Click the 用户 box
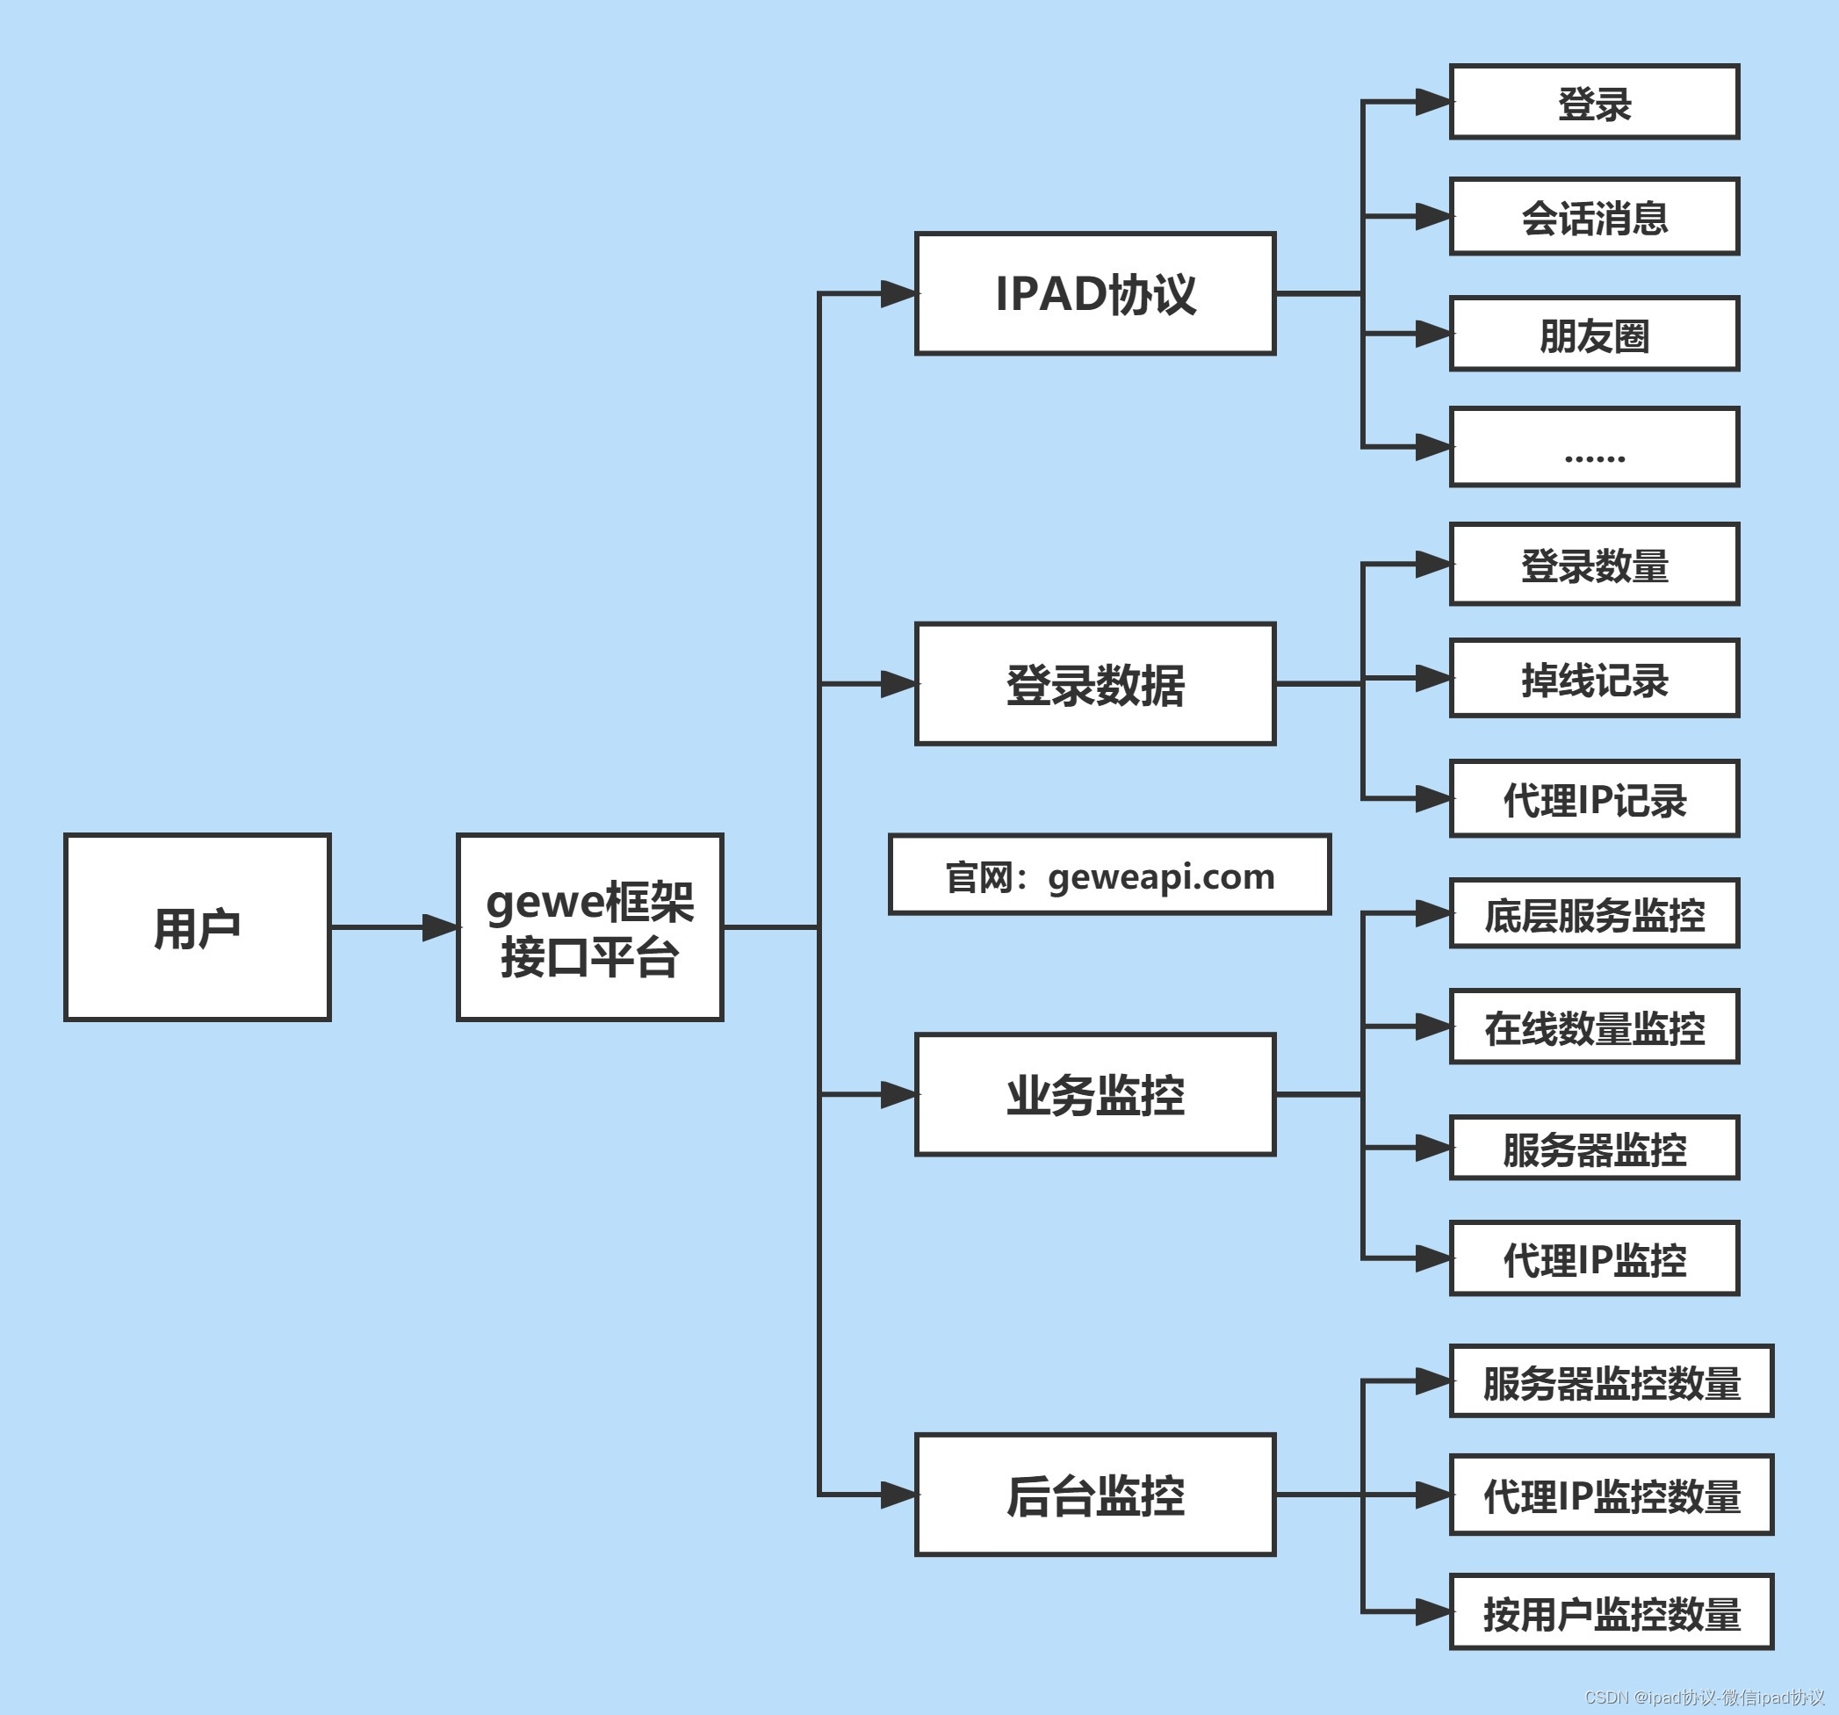tap(197, 927)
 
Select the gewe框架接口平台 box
tap(590, 927)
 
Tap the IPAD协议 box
tap(1095, 293)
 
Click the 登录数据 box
tap(1095, 683)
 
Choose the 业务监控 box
tap(1095, 1094)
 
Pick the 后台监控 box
tap(1095, 1494)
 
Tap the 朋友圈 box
tap(1594, 334)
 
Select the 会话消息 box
tap(1594, 216)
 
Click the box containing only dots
tap(1594, 447)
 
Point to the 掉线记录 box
tap(1594, 678)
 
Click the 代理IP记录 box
tap(1594, 798)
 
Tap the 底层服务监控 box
tap(1594, 914)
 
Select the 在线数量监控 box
tap(1594, 1027)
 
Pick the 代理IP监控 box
tap(1594, 1258)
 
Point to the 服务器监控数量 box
tap(1611, 1381)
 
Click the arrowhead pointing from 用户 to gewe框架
tap(439, 927)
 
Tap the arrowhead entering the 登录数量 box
tap(1433, 565)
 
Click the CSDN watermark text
tap(1703, 1697)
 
